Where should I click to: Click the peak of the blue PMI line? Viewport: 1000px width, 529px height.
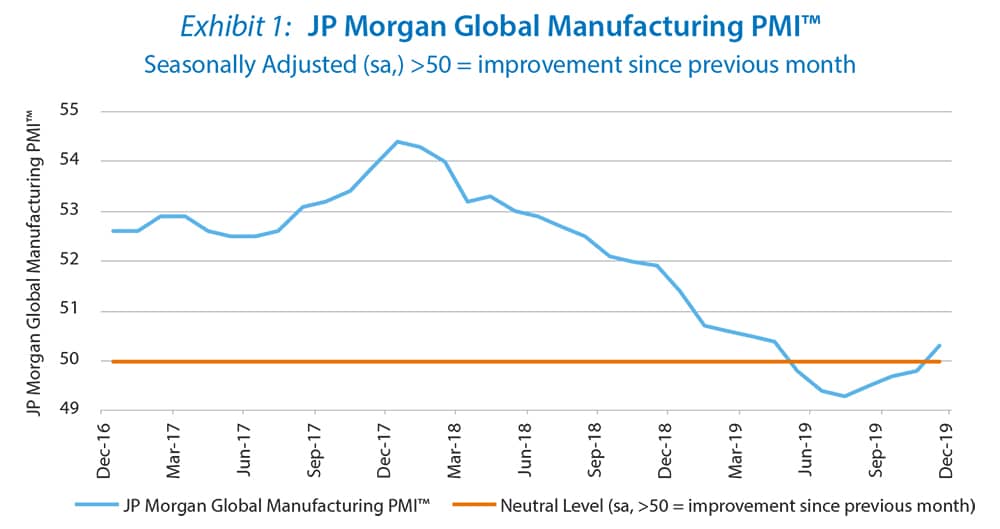(397, 141)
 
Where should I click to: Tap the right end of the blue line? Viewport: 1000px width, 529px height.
(940, 345)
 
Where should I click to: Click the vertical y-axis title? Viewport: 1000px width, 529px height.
(36, 262)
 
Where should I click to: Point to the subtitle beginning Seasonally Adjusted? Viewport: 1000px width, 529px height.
(499, 65)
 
